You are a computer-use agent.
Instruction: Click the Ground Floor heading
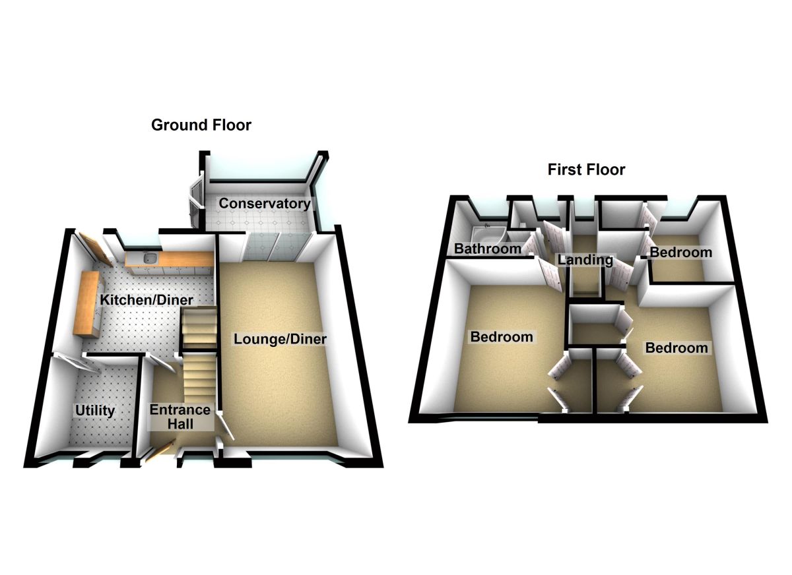[x=201, y=125]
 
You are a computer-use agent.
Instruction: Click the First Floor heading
[x=586, y=170]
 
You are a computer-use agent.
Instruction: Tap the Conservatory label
[x=264, y=203]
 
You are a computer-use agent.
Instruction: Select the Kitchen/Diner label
[x=147, y=301]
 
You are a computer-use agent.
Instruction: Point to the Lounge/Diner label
[x=280, y=340]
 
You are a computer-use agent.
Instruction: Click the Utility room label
[x=94, y=411]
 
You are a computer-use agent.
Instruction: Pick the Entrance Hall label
[x=180, y=416]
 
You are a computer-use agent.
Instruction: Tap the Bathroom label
[x=488, y=249]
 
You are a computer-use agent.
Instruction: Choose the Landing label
[x=585, y=260]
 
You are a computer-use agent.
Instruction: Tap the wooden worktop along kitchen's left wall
[x=88, y=303]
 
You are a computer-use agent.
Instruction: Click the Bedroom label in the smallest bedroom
[x=680, y=252]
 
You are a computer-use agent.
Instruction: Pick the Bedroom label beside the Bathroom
[x=501, y=337]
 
